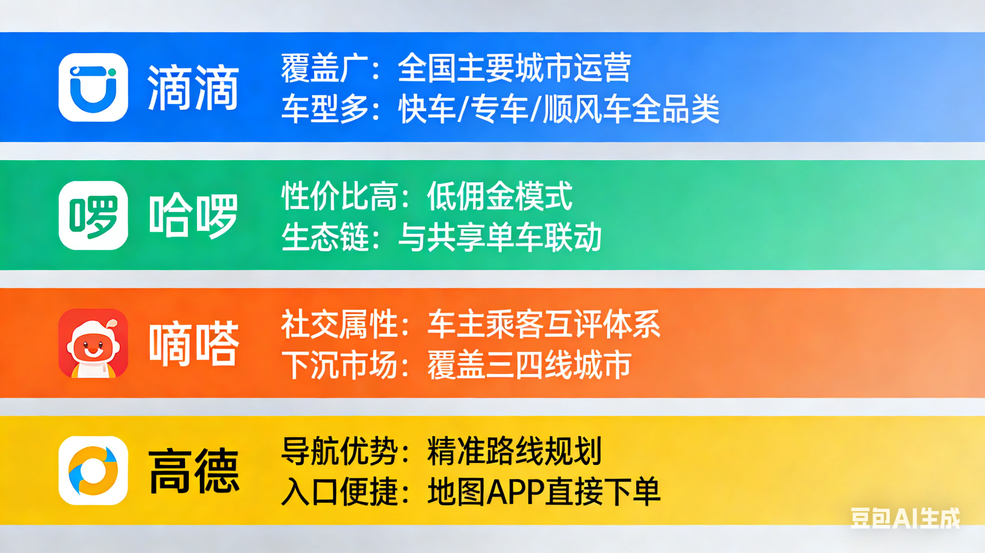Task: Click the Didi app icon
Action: coord(93,88)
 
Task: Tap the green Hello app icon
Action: coord(93,215)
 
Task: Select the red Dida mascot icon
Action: coord(93,343)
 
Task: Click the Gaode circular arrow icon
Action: coord(93,471)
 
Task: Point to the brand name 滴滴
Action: coord(193,88)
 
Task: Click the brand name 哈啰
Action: coord(193,216)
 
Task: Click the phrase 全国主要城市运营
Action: coord(514,68)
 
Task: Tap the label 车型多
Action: coord(325,109)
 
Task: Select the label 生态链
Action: coord(325,237)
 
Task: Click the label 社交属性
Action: coord(340,324)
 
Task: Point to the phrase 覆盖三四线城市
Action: coord(529,365)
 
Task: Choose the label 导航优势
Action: coord(340,451)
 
